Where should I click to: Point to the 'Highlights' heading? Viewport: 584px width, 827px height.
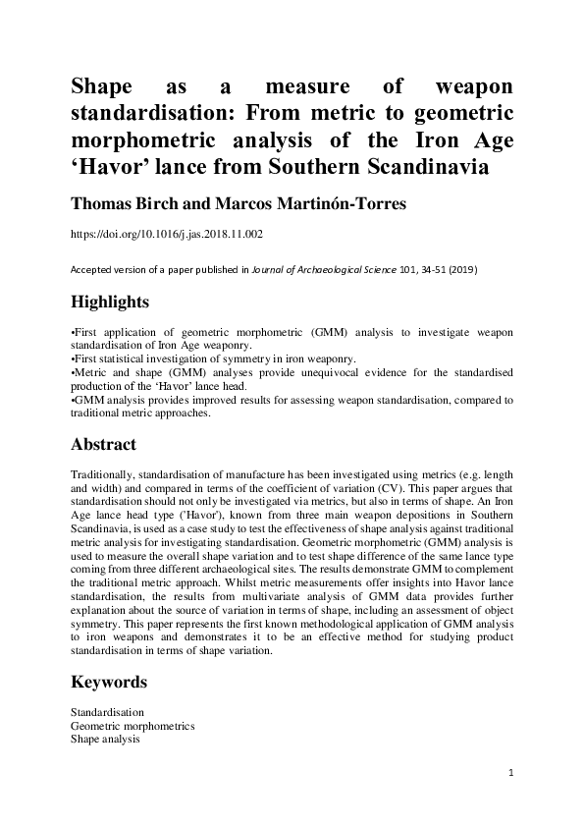(x=110, y=302)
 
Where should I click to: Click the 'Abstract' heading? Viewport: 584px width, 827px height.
(x=104, y=443)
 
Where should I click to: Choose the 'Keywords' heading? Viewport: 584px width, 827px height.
(x=109, y=681)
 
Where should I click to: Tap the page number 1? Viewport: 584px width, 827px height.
(x=511, y=773)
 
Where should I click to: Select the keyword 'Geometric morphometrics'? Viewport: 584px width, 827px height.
(x=133, y=725)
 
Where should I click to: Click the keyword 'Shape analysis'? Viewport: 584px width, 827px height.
(x=105, y=739)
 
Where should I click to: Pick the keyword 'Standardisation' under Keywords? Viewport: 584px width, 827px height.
(x=108, y=711)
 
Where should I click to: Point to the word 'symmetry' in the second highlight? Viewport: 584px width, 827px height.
(x=226, y=360)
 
